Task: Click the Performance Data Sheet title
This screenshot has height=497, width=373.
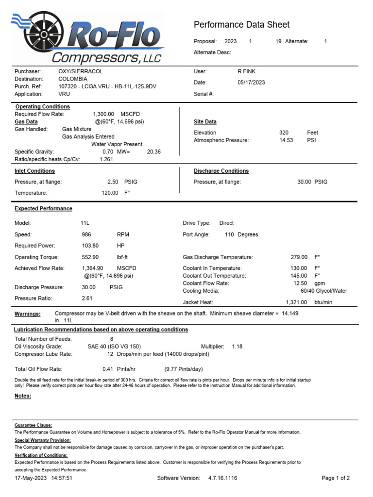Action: click(241, 25)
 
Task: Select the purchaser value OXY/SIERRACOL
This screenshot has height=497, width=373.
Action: click(81, 71)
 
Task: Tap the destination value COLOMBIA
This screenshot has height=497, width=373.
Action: click(73, 79)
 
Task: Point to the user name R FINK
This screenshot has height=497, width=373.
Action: click(246, 71)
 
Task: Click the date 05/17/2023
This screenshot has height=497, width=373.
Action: click(251, 83)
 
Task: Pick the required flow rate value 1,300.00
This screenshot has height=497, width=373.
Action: click(103, 114)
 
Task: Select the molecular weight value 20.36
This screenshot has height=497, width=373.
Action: click(153, 151)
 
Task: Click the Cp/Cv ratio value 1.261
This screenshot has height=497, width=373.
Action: click(107, 159)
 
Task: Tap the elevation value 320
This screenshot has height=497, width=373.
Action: click(284, 133)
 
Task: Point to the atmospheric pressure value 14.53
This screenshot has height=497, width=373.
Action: click(286, 140)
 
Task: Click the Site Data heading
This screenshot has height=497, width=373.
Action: click(205, 122)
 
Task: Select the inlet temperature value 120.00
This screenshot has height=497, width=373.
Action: click(109, 193)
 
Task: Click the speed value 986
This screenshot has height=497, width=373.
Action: click(86, 234)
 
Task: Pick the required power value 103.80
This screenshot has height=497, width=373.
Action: click(90, 246)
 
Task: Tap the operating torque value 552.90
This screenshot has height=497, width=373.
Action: click(90, 257)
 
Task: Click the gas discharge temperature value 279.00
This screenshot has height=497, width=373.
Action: click(299, 257)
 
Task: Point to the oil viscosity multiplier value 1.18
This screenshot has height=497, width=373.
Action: click(237, 347)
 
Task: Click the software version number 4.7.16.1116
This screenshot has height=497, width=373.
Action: click(223, 478)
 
